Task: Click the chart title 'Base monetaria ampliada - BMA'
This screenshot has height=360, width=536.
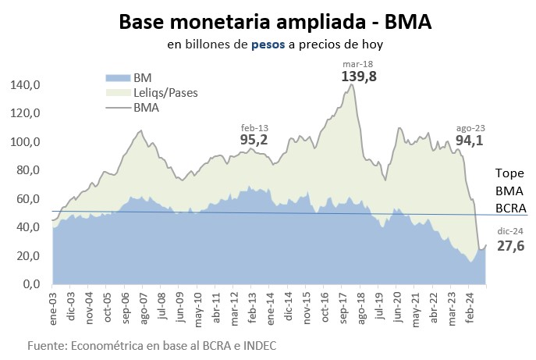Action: click(x=275, y=22)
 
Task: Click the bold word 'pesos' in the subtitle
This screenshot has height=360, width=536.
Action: click(x=268, y=45)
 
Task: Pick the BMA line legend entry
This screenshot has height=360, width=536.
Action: click(x=146, y=108)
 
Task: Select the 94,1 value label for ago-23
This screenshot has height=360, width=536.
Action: click(x=470, y=141)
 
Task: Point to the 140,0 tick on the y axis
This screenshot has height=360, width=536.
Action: click(x=26, y=84)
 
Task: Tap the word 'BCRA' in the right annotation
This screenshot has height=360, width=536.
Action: click(x=511, y=209)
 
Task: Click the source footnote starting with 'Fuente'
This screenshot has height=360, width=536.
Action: click(x=151, y=344)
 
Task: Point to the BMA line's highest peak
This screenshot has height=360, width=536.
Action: click(x=351, y=84)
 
